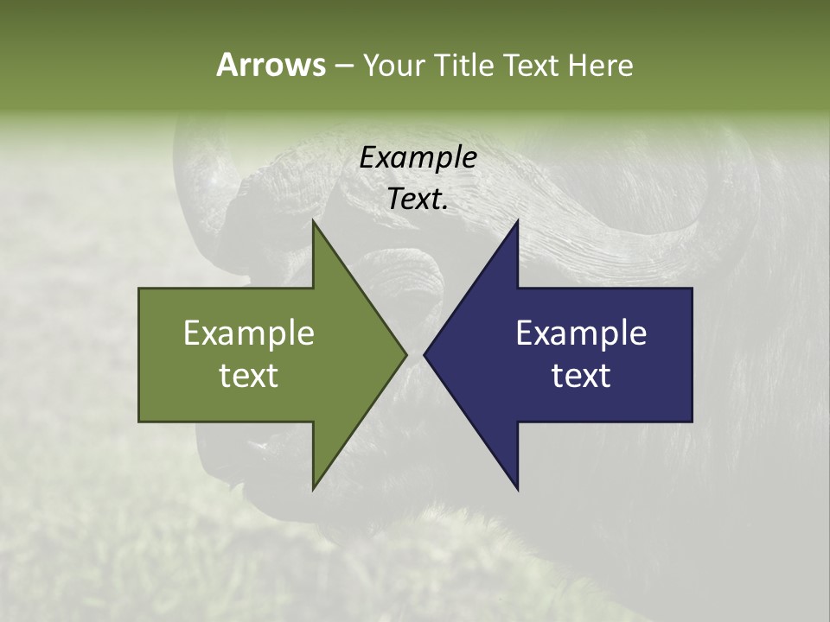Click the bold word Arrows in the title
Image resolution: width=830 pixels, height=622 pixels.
tap(271, 65)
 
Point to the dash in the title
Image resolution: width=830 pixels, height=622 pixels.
tap(343, 66)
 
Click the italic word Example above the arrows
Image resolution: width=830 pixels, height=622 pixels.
tap(418, 157)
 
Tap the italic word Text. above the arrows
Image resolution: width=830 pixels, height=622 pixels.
tap(418, 199)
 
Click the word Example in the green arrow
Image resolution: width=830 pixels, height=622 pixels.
tap(249, 333)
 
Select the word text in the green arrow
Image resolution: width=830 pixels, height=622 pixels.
tap(249, 375)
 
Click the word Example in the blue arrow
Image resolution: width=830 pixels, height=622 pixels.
tap(581, 333)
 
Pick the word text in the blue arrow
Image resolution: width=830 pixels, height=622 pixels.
tap(581, 375)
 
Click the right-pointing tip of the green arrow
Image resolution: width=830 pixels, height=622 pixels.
tap(406, 354)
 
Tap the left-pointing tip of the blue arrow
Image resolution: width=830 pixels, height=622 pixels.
tap(424, 354)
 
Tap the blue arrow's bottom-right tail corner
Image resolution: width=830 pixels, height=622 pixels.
tap(692, 422)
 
